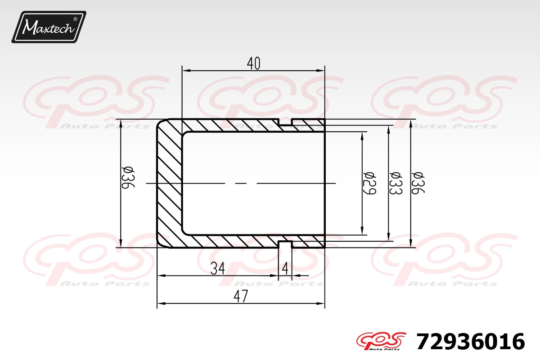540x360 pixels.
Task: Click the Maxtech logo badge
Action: (x=49, y=27)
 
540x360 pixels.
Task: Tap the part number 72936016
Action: (x=470, y=342)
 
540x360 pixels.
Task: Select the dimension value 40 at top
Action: (x=254, y=63)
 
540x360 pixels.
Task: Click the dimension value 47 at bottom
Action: (x=241, y=297)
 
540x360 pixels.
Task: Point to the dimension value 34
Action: (x=217, y=269)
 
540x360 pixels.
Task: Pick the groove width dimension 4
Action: (x=285, y=269)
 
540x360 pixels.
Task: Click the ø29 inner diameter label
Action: (x=369, y=183)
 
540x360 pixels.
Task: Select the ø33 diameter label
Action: (x=396, y=183)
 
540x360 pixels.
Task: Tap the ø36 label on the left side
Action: (x=128, y=177)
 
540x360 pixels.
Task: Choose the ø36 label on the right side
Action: (x=418, y=183)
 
